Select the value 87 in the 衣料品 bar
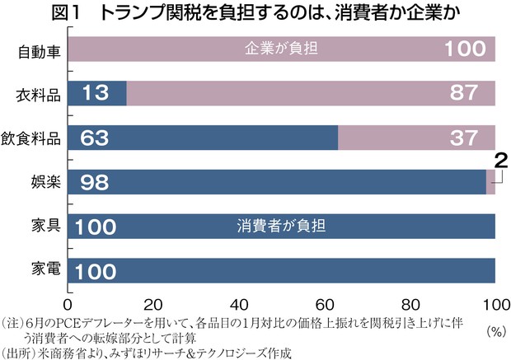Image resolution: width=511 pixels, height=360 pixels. click(468, 95)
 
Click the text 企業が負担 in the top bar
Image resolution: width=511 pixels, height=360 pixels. click(281, 50)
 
